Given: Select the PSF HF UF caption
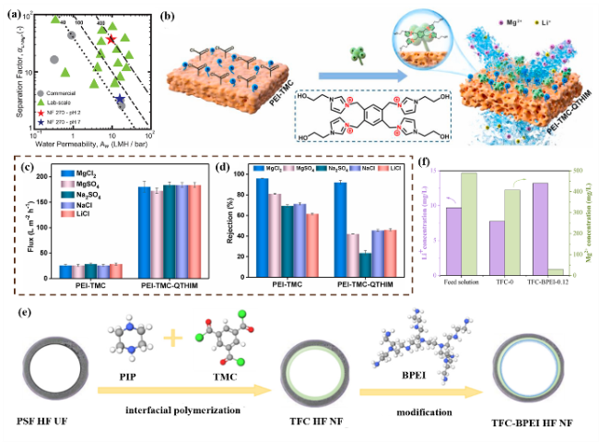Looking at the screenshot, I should pos(47,420).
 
